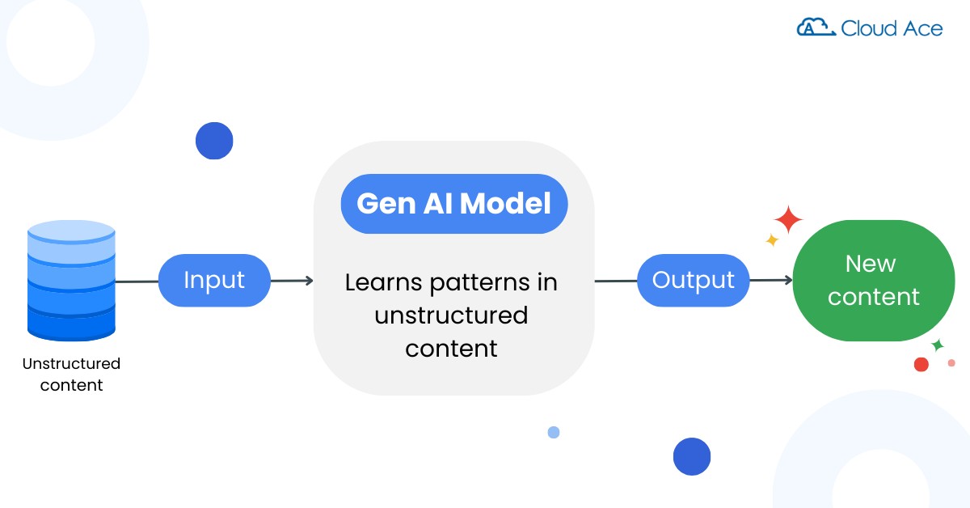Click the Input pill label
(214, 281)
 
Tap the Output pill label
(694, 281)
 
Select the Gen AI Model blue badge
(454, 204)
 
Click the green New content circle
(874, 281)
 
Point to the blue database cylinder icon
(71, 281)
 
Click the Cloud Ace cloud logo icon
(816, 28)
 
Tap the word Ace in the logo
(923, 28)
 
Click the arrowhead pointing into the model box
(309, 281)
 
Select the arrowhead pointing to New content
(788, 281)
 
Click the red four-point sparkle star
(788, 220)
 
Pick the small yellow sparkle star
(772, 239)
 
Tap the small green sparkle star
(938, 345)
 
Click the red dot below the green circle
(921, 365)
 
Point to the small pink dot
(951, 362)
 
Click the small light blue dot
(554, 432)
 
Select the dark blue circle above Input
(214, 141)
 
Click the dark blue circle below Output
(692, 456)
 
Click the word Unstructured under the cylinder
(71, 364)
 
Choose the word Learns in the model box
(384, 282)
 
